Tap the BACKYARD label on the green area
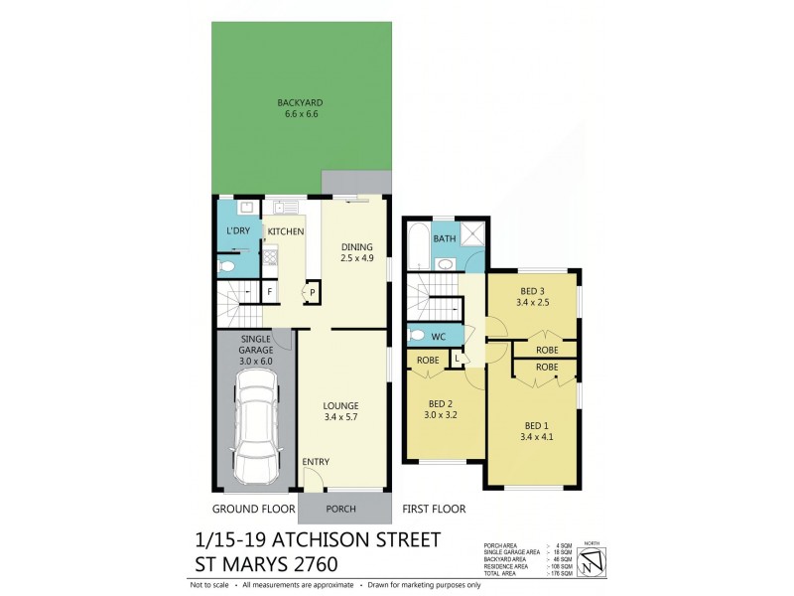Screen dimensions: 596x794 click(300, 108)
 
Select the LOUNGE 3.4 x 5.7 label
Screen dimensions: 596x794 click(340, 411)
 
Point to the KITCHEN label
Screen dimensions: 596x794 click(285, 231)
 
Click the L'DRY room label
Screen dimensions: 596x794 click(238, 230)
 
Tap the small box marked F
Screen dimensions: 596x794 click(269, 291)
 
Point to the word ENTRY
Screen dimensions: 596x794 click(316, 462)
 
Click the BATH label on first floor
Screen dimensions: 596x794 click(444, 238)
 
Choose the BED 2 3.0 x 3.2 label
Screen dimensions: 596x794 click(442, 409)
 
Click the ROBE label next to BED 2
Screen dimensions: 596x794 click(428, 361)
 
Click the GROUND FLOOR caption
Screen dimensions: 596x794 click(255, 509)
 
